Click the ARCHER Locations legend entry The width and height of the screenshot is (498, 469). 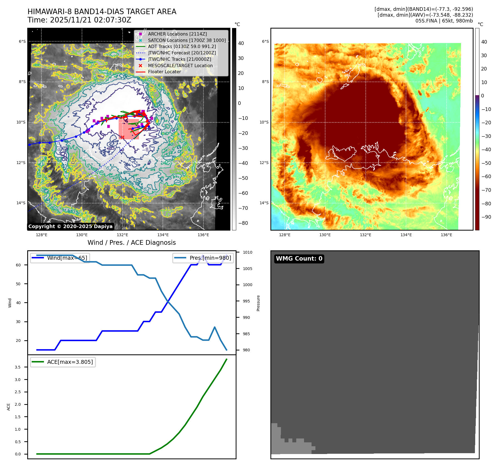(177, 34)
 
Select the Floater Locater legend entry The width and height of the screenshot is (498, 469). (164, 72)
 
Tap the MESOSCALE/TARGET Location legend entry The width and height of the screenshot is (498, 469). (180, 65)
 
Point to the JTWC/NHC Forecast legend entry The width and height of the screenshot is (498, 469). (182, 53)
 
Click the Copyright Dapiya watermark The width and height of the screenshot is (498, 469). (70, 226)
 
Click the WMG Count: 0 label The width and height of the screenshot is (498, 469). (299, 259)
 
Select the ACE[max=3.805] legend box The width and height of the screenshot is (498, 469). (63, 362)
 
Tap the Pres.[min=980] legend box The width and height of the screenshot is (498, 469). (203, 258)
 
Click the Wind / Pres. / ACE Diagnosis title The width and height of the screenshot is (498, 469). (131, 243)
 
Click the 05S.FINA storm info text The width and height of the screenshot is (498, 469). (444, 21)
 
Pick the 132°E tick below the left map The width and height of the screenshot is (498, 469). (123, 235)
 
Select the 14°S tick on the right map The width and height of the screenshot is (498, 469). (264, 203)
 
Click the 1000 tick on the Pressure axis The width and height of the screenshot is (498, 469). (247, 285)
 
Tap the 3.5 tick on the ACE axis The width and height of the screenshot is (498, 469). (18, 367)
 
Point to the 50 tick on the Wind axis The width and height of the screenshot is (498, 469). (18, 284)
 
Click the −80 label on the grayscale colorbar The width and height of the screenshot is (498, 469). (243, 223)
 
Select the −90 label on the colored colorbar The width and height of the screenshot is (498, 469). (486, 217)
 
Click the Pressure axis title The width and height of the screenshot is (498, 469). (258, 303)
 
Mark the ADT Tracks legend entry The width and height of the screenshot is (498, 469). (182, 46)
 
